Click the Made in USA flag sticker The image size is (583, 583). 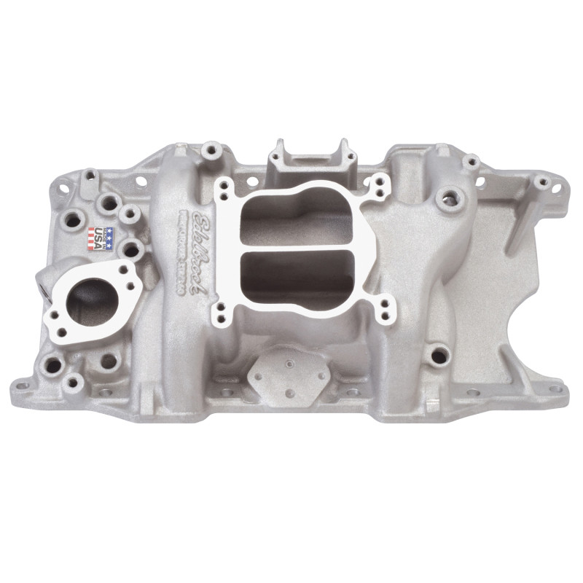101,238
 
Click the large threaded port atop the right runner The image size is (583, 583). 446,197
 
